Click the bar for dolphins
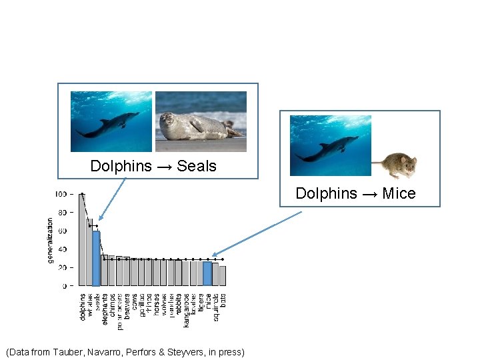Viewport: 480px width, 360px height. (82, 240)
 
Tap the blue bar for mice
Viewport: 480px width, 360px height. (207, 273)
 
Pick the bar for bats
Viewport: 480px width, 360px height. (223, 276)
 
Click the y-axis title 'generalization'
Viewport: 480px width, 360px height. (51, 240)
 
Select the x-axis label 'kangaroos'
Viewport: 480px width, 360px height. (186, 310)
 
